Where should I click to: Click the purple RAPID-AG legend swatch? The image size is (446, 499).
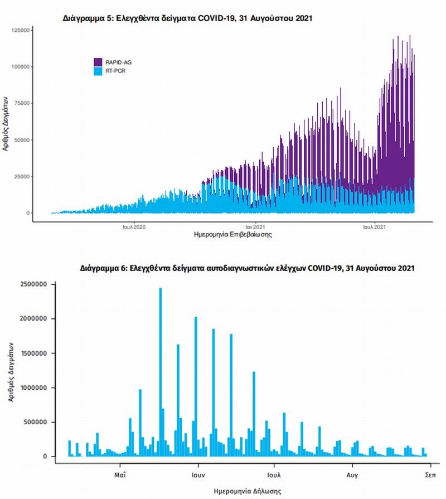[98, 62]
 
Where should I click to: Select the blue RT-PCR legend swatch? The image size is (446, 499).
[98, 71]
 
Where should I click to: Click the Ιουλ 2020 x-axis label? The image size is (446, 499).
[134, 227]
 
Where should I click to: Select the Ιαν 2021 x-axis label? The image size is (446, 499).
[255, 227]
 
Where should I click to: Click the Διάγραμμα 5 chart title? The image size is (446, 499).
[187, 18]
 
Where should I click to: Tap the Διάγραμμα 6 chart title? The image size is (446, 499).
[249, 268]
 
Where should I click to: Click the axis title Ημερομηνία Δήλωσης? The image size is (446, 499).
[248, 491]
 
